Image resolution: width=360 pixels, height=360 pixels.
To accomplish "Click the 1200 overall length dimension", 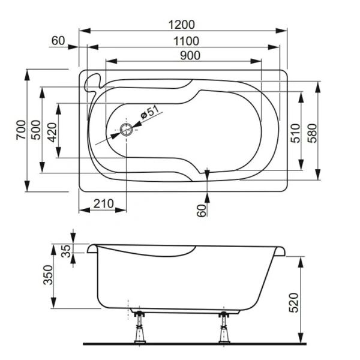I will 182,25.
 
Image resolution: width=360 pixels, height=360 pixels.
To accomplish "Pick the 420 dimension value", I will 52,131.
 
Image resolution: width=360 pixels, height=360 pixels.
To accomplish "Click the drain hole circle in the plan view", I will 127,129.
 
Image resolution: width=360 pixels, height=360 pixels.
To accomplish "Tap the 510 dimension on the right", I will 295,133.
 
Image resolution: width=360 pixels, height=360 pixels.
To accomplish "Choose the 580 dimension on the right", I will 312,133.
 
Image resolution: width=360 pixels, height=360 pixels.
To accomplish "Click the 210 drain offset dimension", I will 103,204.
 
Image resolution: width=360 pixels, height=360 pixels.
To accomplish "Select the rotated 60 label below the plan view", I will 202,210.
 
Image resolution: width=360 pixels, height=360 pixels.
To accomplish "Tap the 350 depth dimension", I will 49,275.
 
